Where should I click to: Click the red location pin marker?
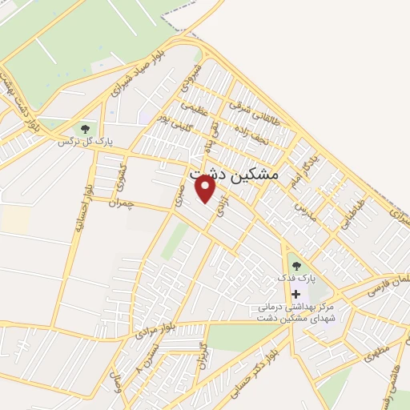(x=206, y=189)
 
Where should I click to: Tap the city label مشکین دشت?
(x=233, y=173)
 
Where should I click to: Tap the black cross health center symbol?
(x=296, y=294)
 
